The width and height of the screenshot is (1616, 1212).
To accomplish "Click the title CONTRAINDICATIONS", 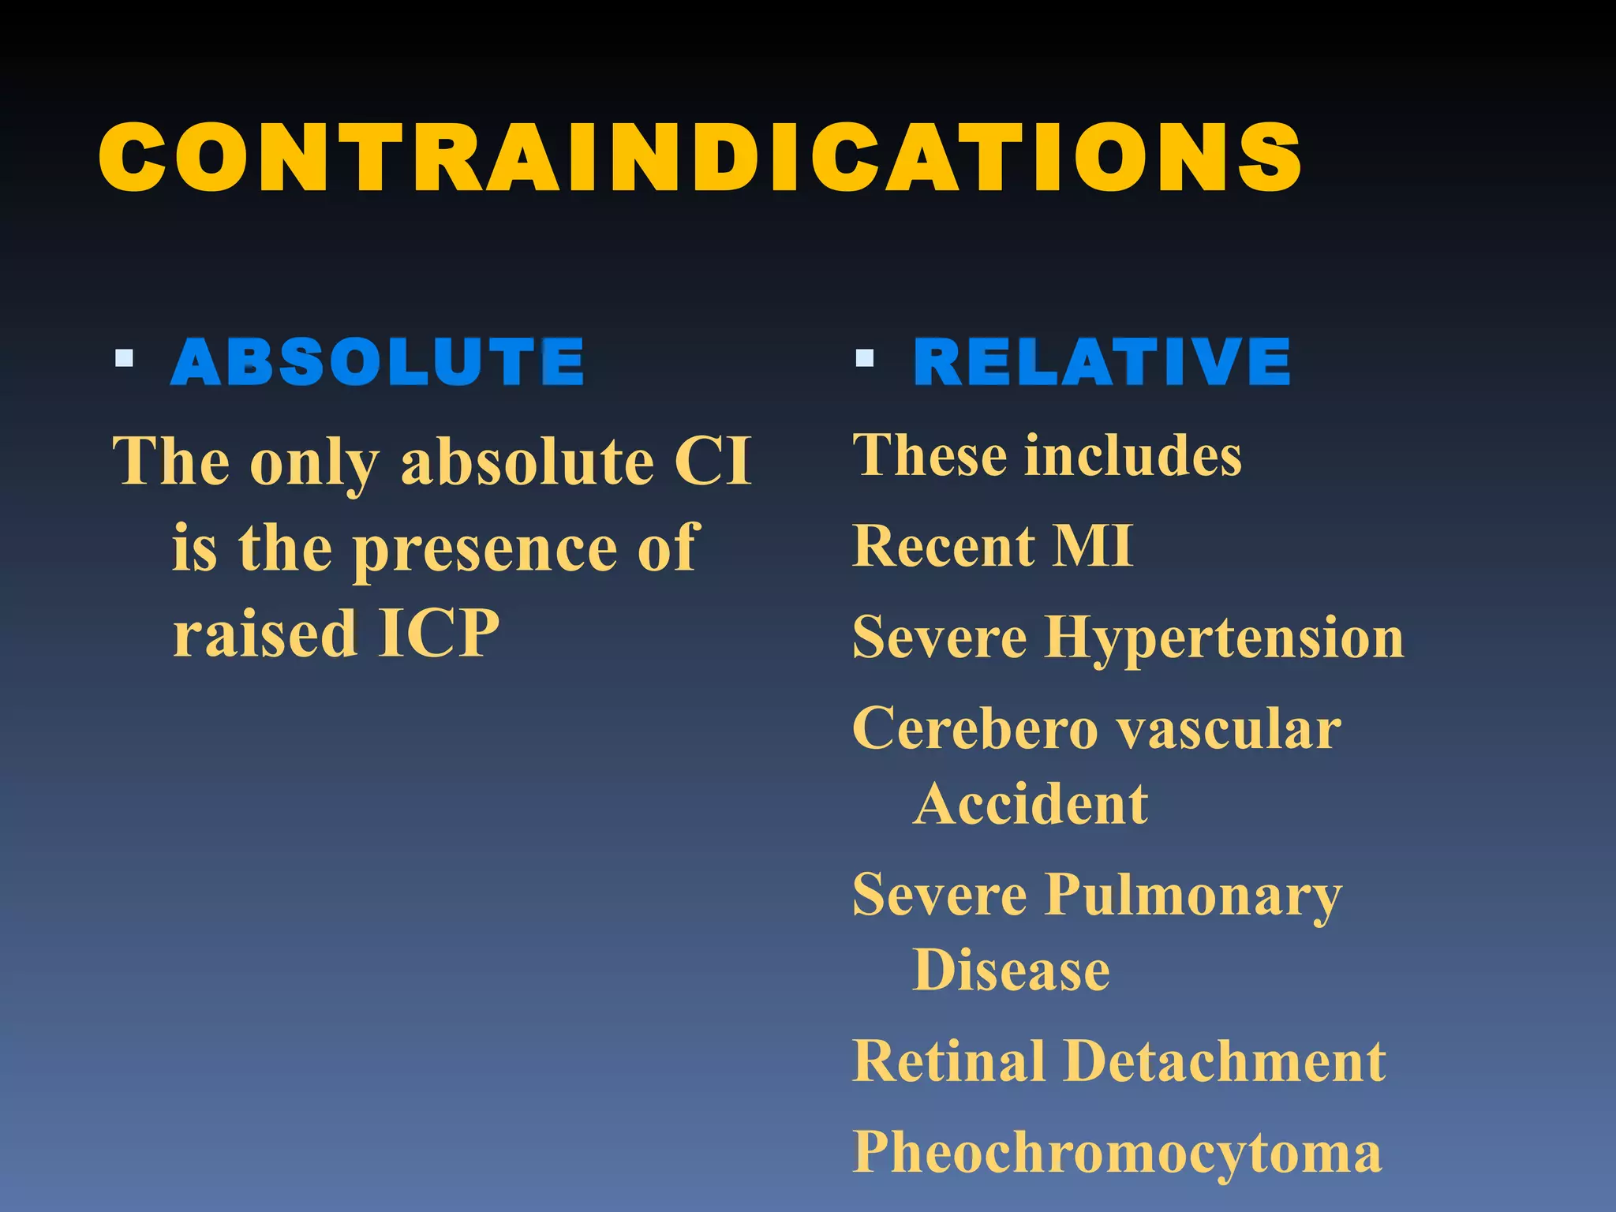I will coord(700,158).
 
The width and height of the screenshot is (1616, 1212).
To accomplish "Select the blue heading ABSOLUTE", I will coord(377,362).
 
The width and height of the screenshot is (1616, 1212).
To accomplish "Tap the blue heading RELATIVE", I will coord(1102,362).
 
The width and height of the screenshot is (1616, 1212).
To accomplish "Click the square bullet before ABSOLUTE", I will coord(124,358).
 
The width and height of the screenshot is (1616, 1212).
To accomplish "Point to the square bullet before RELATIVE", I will coord(865,358).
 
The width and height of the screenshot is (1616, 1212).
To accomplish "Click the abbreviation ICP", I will coord(439,633).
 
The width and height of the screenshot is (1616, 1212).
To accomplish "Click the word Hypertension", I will coord(1224,638).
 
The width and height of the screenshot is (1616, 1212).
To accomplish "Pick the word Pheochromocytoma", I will coord(1117,1153).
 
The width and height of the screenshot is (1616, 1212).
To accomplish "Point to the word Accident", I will coord(1031,804).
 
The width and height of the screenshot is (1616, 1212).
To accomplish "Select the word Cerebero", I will coord(975,728).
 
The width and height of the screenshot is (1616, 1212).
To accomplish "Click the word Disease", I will coord(1012,970).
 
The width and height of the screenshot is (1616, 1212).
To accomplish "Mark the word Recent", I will coord(944,545).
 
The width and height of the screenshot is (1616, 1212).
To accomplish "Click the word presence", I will coord(484,549).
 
